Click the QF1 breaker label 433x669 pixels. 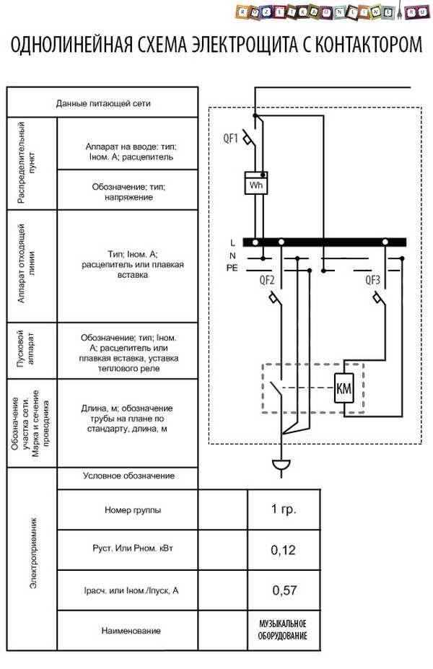tap(230, 139)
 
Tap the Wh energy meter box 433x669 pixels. tap(256, 183)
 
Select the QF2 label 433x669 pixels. tap(266, 280)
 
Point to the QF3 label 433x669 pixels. tap(372, 280)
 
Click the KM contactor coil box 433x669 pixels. tap(344, 388)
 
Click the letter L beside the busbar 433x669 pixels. tap(232, 242)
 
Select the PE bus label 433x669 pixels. tap(232, 268)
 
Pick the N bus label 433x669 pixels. tap(232, 255)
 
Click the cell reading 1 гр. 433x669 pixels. tap(284, 510)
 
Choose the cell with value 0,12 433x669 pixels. tap(284, 550)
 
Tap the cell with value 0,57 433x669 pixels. tap(284, 590)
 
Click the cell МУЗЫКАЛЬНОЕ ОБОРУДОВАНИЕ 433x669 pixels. tap(283, 630)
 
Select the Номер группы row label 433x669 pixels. tap(133, 510)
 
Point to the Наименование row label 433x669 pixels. tap(131, 631)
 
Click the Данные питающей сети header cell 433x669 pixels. tap(102, 102)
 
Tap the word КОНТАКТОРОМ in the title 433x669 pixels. tap(369, 44)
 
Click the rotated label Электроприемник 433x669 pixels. tap(33, 553)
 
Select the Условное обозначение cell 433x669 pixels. tap(128, 476)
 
